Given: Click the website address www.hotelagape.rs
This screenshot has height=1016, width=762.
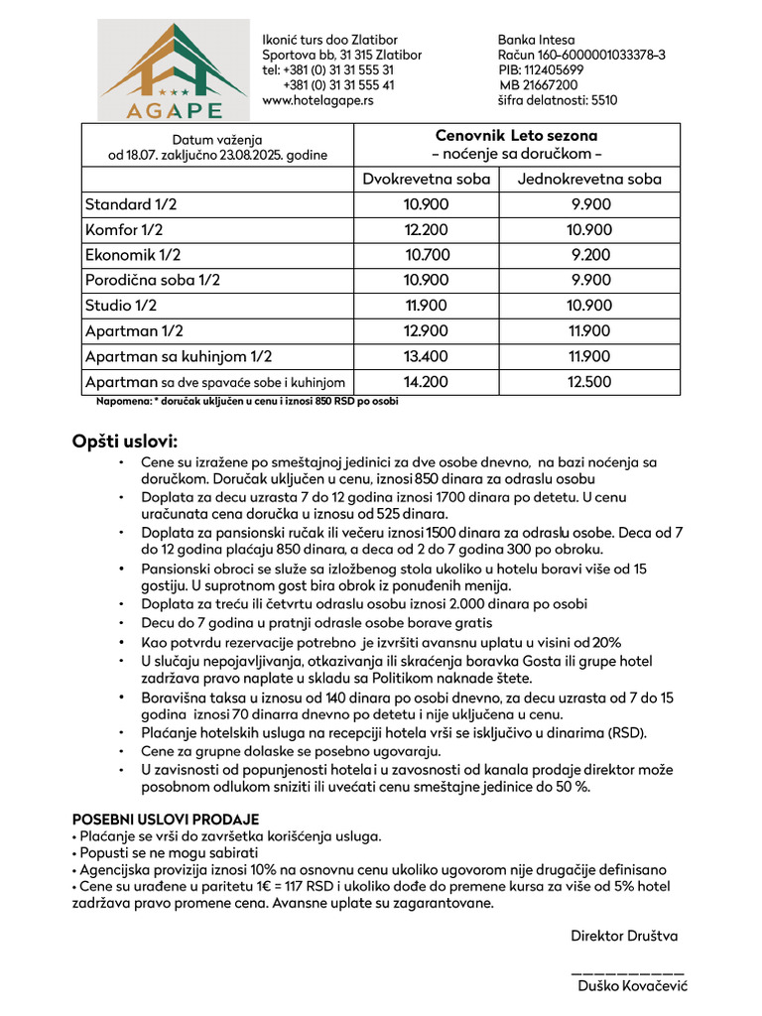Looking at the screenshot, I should pyautogui.click(x=317, y=100).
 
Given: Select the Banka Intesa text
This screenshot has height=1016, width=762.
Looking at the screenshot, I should pyautogui.click(x=536, y=40).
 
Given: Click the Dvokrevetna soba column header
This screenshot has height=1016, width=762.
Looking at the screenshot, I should pyautogui.click(x=426, y=180).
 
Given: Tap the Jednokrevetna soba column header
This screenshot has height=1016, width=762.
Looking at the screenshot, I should pyautogui.click(x=589, y=180).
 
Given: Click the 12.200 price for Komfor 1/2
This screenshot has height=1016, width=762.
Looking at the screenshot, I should pyautogui.click(x=426, y=230).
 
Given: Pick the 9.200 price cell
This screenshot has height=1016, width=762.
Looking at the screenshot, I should pyautogui.click(x=590, y=255).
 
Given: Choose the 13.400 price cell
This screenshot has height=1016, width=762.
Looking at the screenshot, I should pyautogui.click(x=426, y=356).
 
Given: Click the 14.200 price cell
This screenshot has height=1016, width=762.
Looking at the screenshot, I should pyautogui.click(x=426, y=382).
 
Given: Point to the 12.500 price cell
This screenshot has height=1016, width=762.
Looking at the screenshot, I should pyautogui.click(x=590, y=382).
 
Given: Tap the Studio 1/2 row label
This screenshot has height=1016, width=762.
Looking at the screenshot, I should pyautogui.click(x=121, y=306).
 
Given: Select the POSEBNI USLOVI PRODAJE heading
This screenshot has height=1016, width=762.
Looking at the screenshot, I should pyautogui.click(x=166, y=820).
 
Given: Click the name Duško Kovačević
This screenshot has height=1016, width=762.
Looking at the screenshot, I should pyautogui.click(x=632, y=985).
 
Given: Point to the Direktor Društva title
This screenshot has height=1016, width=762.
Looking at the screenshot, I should pyautogui.click(x=624, y=936).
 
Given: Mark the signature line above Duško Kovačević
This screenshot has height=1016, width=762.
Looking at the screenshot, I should pyautogui.click(x=628, y=969).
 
